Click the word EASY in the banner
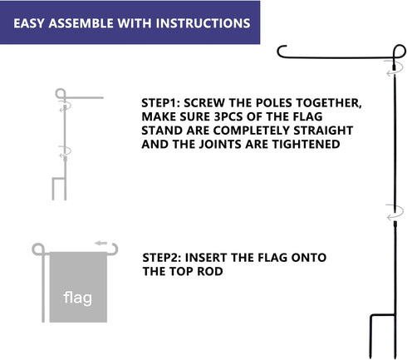[x=31, y=22]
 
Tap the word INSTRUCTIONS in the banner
[x=208, y=22]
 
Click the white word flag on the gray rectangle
[x=79, y=297]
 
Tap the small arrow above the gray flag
[x=101, y=243]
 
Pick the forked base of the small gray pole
[x=56, y=188]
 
